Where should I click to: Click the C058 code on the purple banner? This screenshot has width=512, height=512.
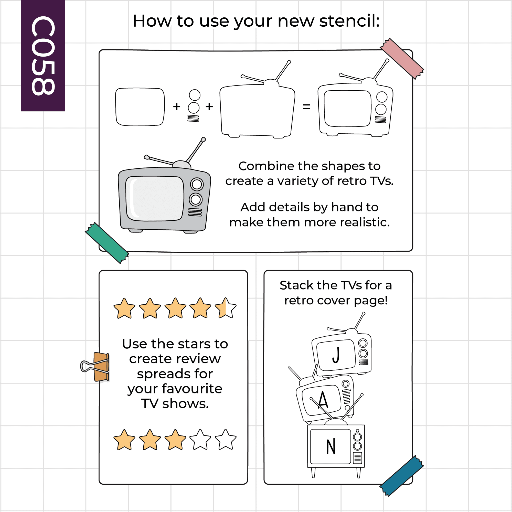point(43,56)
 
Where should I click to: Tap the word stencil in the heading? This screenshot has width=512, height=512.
point(349,21)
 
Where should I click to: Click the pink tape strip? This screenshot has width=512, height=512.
point(402,59)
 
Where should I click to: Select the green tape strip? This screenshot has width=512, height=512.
point(107,243)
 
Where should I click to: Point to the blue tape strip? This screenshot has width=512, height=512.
point(401,476)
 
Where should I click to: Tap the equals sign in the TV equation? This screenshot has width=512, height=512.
point(307,107)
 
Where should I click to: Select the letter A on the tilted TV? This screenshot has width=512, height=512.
point(323,400)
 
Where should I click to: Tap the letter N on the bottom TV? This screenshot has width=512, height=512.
point(331,446)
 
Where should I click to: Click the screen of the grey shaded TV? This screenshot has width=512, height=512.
point(155,198)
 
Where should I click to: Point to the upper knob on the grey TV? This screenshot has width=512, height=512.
point(197,184)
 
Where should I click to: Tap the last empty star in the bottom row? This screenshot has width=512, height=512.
point(226,440)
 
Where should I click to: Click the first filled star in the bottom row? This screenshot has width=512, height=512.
point(124,440)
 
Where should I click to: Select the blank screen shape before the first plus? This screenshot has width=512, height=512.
point(140,107)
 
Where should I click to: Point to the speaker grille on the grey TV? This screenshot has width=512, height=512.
point(195,212)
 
